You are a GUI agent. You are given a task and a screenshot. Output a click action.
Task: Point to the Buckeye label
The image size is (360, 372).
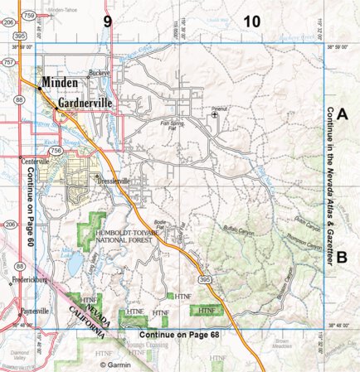101,72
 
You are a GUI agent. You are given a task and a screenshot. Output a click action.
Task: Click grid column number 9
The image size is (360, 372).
107,22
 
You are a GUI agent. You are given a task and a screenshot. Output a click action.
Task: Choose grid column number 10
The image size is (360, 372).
251,22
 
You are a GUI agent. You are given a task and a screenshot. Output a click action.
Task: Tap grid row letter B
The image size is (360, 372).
341,257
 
